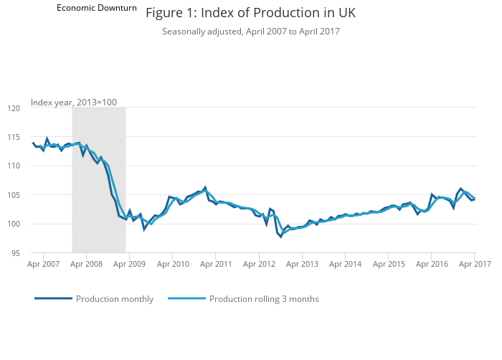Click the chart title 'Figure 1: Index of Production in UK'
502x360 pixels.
(x=250, y=13)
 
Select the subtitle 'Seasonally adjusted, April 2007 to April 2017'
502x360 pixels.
(x=250, y=32)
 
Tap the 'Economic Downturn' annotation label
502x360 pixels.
(x=97, y=8)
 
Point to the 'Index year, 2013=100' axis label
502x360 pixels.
(x=73, y=103)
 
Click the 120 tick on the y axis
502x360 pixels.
(x=14, y=108)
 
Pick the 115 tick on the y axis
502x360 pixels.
(x=14, y=137)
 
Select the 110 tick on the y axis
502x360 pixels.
(x=14, y=166)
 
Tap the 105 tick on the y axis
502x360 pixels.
(x=14, y=195)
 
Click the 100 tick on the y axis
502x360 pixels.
(x=14, y=224)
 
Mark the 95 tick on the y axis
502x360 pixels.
(x=16, y=253)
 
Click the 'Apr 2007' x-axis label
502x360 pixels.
(x=43, y=265)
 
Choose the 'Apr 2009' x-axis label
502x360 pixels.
(x=130, y=265)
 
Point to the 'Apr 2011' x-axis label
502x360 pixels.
(x=216, y=265)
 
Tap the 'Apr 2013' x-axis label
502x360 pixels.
(x=302, y=265)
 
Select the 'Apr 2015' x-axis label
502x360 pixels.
(x=388, y=265)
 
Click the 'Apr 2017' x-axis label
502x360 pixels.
(x=474, y=265)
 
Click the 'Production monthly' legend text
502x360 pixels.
(x=115, y=299)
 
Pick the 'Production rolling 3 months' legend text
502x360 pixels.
(x=264, y=299)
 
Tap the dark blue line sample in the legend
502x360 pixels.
(x=53, y=298)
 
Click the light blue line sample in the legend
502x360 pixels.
(x=186, y=298)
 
